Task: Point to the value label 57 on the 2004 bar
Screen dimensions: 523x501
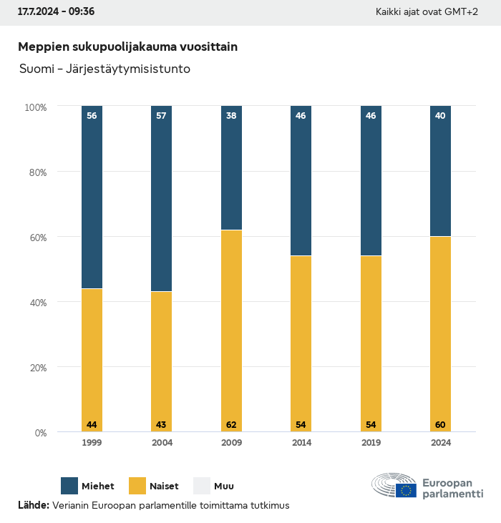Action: [x=161, y=115]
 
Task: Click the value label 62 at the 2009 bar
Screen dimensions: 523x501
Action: [x=231, y=425]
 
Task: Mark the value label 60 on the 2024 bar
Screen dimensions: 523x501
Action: [x=440, y=425]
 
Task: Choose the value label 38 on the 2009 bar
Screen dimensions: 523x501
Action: [x=231, y=115]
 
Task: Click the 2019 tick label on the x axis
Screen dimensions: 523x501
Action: [x=371, y=443]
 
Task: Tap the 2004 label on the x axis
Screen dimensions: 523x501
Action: [x=162, y=443]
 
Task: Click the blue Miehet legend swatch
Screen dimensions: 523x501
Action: [x=69, y=486]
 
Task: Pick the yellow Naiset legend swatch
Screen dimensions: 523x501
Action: [x=137, y=486]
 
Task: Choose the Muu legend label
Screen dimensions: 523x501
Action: [x=224, y=487]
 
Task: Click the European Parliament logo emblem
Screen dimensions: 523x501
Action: [x=394, y=486]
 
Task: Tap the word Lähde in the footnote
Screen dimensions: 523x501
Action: [x=33, y=505]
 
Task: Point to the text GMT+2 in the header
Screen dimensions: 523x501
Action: [x=461, y=12]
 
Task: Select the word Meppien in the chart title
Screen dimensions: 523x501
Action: [x=44, y=47]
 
